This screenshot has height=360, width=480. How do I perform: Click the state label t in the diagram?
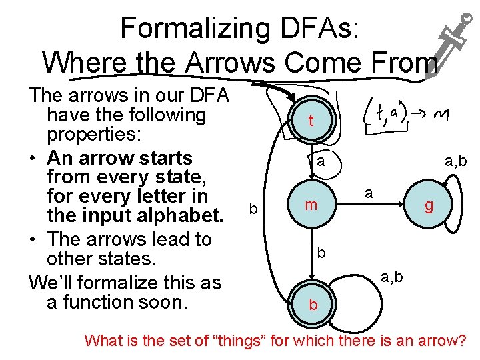[x=311, y=121]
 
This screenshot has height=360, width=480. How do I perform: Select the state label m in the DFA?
[x=311, y=206]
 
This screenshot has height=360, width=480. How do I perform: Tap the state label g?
[x=429, y=206]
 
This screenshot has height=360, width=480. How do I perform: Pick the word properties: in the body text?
[x=94, y=134]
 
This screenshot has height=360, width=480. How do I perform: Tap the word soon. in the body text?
[x=167, y=302]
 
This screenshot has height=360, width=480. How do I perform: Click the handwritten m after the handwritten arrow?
[x=439, y=116]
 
